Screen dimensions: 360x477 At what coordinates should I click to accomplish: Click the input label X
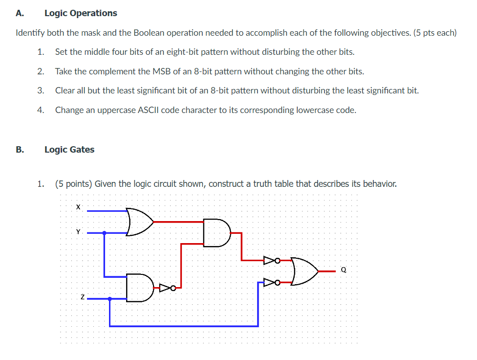click(78, 207)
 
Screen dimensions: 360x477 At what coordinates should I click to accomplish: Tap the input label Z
click(83, 297)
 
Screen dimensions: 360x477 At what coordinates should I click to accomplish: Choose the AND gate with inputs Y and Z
click(139, 288)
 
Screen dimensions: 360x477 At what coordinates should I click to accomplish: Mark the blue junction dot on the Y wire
click(104, 233)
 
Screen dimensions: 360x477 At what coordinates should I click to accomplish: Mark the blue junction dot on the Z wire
click(109, 298)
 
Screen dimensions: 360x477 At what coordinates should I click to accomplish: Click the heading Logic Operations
click(81, 13)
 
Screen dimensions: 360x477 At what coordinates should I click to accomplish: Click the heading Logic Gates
click(69, 150)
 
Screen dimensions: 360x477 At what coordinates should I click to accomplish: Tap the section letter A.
click(19, 13)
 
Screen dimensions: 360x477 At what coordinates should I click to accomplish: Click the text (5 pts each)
click(434, 33)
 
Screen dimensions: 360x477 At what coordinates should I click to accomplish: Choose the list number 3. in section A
click(41, 90)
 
